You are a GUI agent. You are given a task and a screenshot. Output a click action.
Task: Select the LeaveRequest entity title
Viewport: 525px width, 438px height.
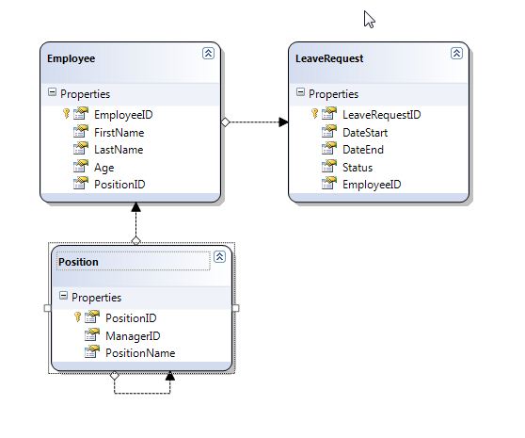click(x=329, y=58)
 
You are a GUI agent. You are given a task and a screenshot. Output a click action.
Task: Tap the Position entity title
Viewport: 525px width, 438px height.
click(x=78, y=261)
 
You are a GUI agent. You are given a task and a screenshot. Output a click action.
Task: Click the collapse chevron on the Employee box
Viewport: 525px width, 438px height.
click(x=208, y=54)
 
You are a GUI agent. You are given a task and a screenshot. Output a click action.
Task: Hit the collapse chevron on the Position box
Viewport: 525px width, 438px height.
click(x=219, y=256)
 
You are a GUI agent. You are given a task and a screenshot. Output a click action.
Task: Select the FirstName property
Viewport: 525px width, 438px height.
click(x=118, y=132)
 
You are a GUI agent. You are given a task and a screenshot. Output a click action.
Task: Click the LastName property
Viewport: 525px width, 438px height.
click(x=118, y=149)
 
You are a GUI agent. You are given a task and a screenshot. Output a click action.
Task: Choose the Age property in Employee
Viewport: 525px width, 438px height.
click(x=103, y=167)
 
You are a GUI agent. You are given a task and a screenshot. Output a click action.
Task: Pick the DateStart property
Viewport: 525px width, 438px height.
click(x=365, y=132)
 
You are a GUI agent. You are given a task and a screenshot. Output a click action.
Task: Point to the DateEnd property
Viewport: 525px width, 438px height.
click(x=362, y=149)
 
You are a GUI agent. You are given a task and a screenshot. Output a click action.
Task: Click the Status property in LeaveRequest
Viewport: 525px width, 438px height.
click(x=358, y=167)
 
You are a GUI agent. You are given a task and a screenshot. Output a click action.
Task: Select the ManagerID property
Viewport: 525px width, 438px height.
click(x=131, y=335)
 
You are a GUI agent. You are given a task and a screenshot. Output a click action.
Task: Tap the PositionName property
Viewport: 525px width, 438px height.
click(x=139, y=353)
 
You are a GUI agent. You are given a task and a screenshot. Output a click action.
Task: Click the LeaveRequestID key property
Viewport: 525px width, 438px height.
click(x=381, y=114)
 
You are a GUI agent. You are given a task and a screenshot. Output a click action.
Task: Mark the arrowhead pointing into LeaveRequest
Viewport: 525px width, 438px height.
click(x=282, y=122)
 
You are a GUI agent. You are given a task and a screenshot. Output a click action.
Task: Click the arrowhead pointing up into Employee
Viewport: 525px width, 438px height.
click(x=135, y=206)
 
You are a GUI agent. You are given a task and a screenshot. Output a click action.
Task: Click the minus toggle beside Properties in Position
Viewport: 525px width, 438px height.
click(x=63, y=297)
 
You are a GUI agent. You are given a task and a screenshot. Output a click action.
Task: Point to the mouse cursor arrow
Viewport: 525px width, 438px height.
click(x=369, y=19)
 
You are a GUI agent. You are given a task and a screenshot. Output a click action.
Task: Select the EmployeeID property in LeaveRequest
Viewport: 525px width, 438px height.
click(x=372, y=185)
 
